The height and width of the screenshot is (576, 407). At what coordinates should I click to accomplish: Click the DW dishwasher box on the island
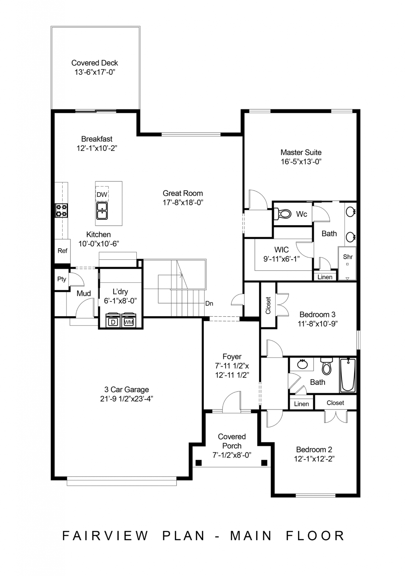click(102, 194)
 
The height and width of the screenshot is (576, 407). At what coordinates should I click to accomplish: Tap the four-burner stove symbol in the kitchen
click(61, 210)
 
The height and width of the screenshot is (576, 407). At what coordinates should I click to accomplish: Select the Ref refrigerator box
click(62, 251)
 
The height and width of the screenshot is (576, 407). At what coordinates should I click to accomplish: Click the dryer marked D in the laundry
click(113, 322)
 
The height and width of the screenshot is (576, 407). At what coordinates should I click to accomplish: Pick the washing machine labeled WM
click(128, 322)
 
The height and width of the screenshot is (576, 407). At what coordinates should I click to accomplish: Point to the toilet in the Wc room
click(283, 214)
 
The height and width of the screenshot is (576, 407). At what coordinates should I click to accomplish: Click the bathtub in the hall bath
click(348, 375)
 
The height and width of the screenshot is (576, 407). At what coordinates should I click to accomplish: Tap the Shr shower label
click(348, 257)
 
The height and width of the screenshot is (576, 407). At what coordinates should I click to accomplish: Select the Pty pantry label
click(62, 279)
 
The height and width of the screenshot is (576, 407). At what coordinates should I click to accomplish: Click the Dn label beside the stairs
click(209, 303)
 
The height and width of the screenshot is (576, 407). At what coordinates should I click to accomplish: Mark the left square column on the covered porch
click(198, 463)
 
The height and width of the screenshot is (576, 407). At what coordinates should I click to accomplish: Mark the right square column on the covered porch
click(264, 463)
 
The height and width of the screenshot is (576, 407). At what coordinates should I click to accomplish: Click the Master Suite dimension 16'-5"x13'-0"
click(301, 162)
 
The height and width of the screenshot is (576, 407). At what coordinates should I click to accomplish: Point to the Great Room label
click(183, 193)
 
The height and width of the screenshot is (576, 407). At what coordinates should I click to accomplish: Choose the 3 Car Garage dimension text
click(126, 399)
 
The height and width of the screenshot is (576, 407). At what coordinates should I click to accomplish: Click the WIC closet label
click(281, 249)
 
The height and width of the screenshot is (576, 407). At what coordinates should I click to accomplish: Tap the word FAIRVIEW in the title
click(105, 536)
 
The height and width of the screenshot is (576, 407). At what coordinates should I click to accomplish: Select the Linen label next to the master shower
click(325, 277)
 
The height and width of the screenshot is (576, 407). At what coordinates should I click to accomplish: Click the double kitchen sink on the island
click(102, 211)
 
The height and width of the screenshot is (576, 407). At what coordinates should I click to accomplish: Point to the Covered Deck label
click(95, 63)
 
